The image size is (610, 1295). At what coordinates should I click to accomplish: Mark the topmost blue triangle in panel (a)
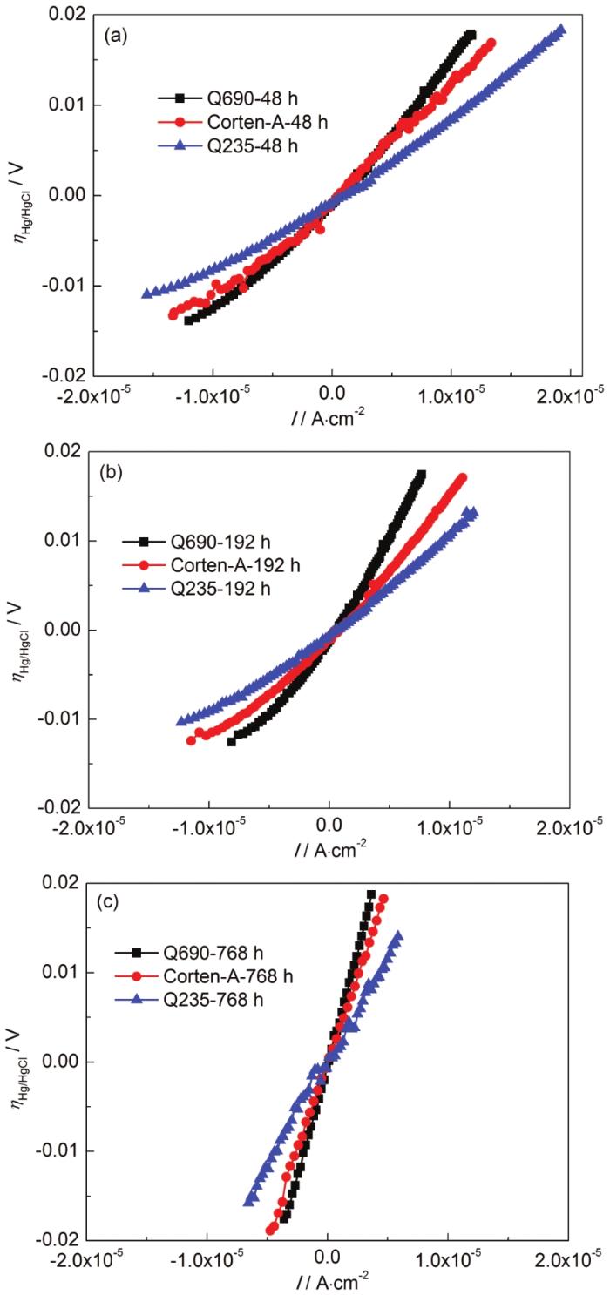click(x=561, y=30)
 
